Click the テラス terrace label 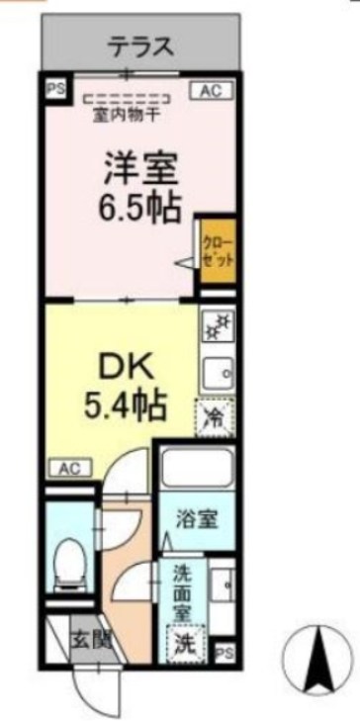[141, 45]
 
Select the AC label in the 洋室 [209, 91]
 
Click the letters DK [124, 365]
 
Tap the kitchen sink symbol [218, 372]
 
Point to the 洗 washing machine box [185, 644]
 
